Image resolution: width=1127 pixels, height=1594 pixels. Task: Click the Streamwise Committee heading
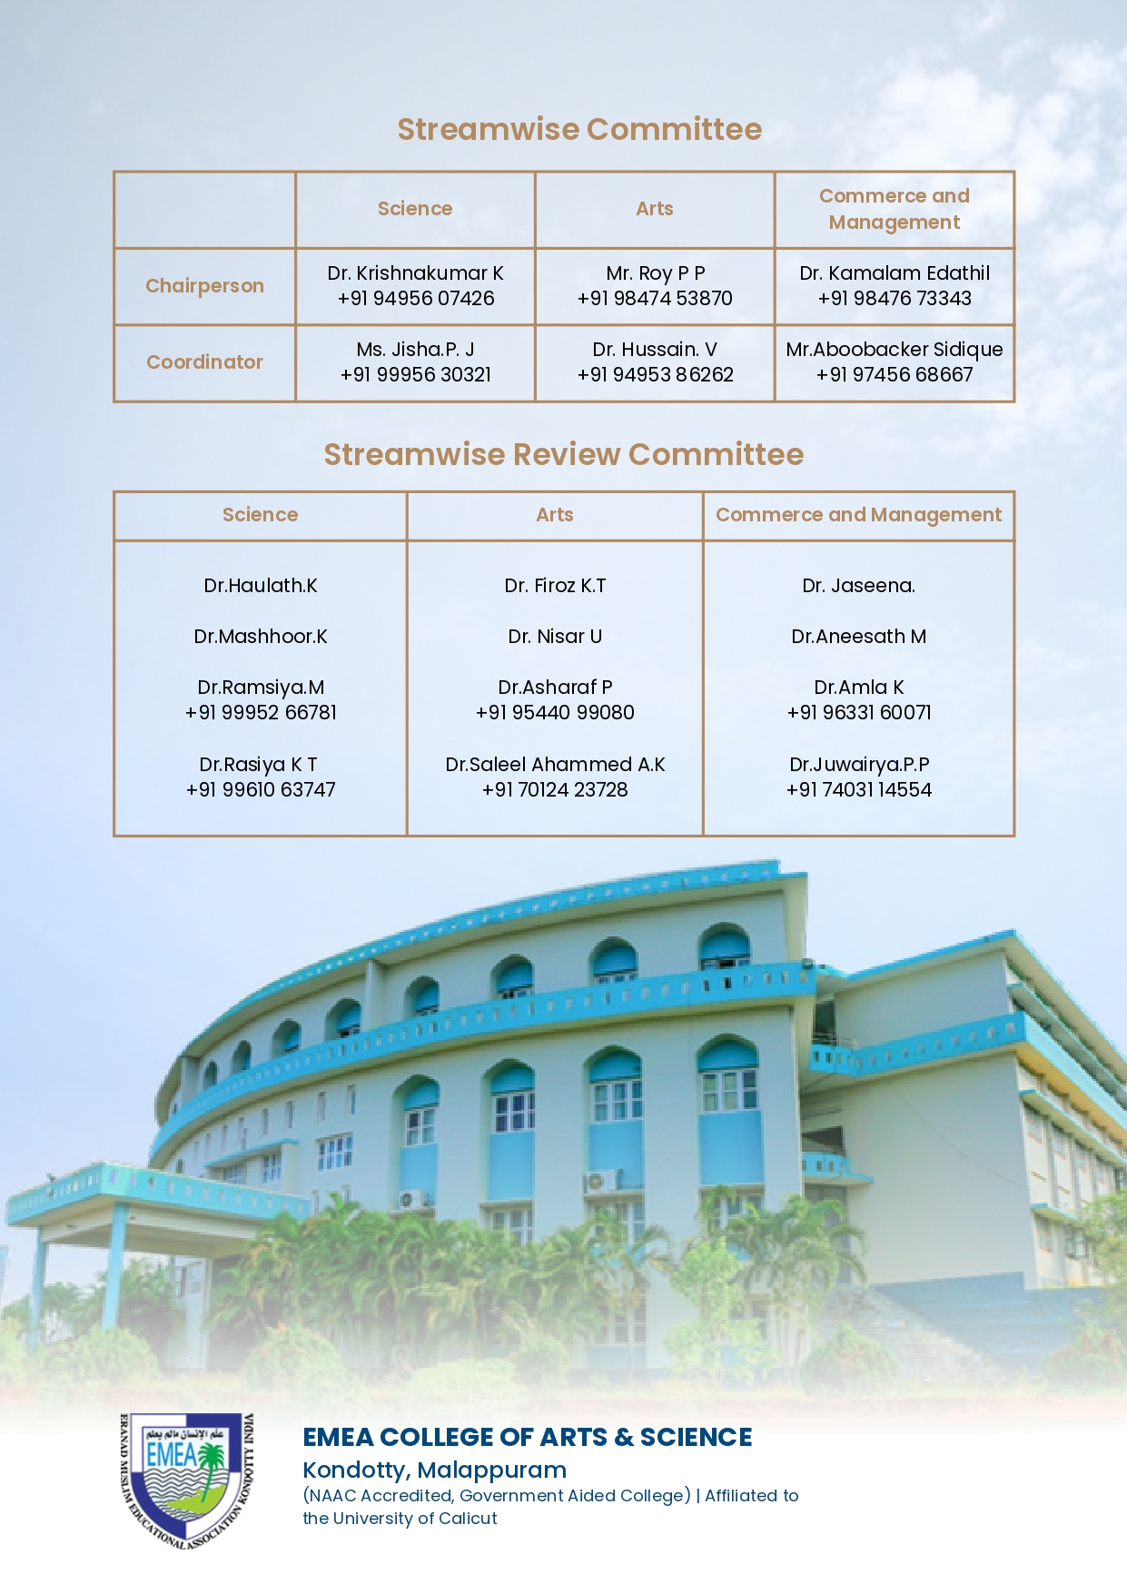[579, 130]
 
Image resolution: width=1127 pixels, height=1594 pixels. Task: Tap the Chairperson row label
[204, 286]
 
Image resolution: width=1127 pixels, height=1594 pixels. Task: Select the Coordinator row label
[204, 362]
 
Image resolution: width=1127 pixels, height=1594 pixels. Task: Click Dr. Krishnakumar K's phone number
[416, 299]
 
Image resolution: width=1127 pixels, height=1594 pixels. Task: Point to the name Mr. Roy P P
[655, 273]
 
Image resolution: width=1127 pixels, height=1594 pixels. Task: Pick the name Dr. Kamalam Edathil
[895, 273]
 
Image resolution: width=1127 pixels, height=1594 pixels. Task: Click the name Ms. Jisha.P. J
[416, 350]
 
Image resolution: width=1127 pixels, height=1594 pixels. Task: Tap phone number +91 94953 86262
[655, 375]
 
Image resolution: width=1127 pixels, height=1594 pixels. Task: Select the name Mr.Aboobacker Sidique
[895, 350]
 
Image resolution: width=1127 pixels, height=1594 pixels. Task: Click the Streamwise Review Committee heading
[563, 454]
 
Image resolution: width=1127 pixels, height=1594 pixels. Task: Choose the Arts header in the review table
[555, 515]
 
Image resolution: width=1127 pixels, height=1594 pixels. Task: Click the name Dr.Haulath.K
[261, 586]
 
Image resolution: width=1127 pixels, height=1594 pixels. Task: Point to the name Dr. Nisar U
[555, 637]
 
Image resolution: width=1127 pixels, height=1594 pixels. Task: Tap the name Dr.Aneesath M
[858, 637]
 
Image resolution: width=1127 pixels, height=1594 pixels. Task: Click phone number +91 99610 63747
[261, 790]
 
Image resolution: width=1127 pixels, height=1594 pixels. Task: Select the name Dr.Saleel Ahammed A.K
[555, 765]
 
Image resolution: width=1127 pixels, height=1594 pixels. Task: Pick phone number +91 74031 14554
[858, 790]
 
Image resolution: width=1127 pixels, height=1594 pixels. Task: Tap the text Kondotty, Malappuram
[434, 1470]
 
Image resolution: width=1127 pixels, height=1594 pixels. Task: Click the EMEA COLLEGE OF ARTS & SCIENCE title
[527, 1438]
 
